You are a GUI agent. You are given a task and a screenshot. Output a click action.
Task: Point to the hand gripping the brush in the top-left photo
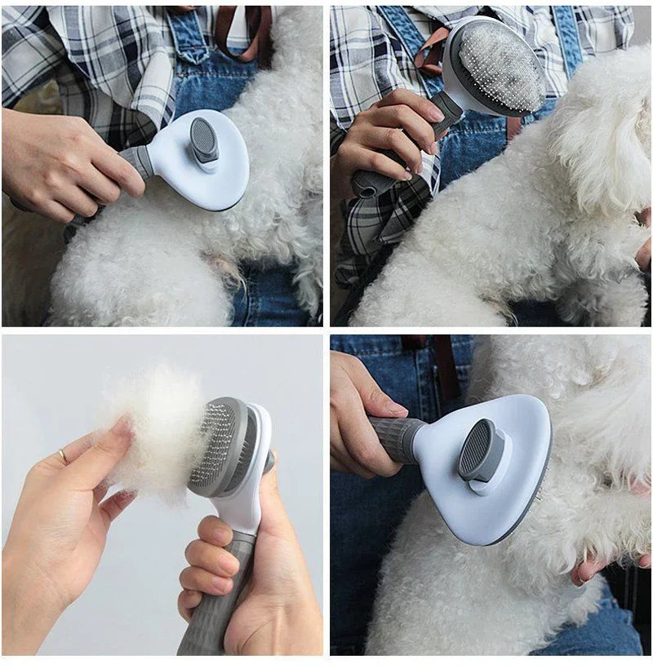click(x=61, y=159)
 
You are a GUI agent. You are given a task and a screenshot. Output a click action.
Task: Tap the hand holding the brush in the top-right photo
click(x=388, y=135)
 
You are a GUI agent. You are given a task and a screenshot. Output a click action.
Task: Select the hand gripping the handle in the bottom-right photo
click(x=359, y=416)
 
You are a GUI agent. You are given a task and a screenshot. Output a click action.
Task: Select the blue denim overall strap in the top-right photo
click(x=567, y=37)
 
